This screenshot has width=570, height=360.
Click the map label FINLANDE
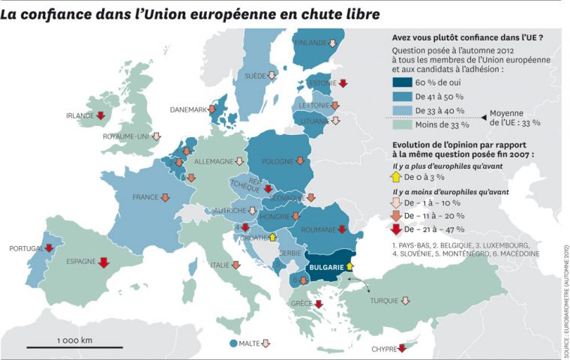tap(310, 43)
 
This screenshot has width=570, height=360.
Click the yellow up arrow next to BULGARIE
tap(349, 265)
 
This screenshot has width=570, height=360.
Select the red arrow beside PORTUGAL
tap(49, 248)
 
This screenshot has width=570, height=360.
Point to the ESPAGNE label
tap(80, 262)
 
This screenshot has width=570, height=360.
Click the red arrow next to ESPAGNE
tap(103, 262)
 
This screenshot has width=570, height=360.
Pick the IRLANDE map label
tap(79, 115)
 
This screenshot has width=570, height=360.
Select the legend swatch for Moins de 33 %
tap(406, 125)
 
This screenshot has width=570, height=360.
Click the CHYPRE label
tap(383, 349)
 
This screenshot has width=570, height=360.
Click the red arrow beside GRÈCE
tap(318, 304)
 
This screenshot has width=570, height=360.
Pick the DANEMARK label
tap(188, 109)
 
